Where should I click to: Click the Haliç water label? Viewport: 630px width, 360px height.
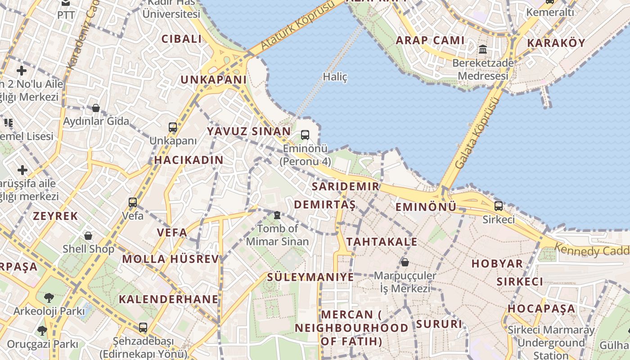[x=335, y=77]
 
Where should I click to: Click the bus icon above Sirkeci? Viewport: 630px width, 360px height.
[x=499, y=206]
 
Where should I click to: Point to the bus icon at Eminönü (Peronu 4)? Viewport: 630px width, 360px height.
[x=305, y=135]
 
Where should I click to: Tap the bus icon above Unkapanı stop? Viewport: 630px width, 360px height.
[x=173, y=127]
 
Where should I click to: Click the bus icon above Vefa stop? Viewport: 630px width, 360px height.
[x=133, y=202]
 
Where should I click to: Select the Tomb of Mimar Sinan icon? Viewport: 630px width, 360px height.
[x=277, y=216]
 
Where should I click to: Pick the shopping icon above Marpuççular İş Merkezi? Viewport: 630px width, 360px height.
[x=405, y=262]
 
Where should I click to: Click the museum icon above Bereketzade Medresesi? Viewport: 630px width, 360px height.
[x=483, y=49]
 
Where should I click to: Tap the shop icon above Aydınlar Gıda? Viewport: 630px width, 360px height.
[x=96, y=108]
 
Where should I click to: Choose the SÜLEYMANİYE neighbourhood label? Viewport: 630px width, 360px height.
[x=310, y=277]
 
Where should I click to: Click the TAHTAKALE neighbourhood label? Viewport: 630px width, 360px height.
[x=382, y=242]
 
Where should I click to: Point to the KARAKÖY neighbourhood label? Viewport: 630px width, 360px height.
[x=556, y=43]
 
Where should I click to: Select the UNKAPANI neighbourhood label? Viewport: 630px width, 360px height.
[x=213, y=80]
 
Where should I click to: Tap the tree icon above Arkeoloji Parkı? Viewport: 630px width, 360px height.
[x=49, y=297]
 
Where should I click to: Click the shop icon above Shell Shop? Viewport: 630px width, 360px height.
[x=88, y=235]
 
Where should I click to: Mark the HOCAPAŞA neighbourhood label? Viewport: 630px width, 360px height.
[x=541, y=309]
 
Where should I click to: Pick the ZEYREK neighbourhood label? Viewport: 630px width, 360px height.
[x=55, y=216]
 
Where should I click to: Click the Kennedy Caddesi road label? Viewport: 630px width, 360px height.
[x=591, y=249]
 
